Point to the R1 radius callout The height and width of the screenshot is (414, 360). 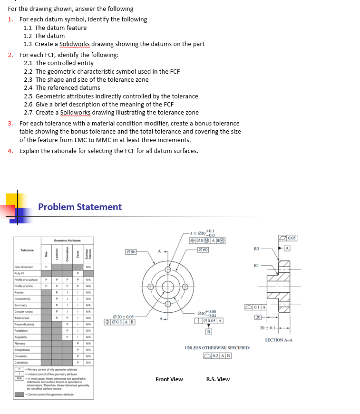click(x=256, y=266)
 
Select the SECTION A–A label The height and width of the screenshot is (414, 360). click(x=279, y=340)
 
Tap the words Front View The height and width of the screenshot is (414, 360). click(x=169, y=379)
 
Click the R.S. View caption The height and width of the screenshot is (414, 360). click(x=218, y=379)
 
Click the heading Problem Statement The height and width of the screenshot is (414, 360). click(x=80, y=207)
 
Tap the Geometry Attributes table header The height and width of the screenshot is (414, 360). click(x=67, y=241)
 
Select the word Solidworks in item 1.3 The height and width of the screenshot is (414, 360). click(x=73, y=44)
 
